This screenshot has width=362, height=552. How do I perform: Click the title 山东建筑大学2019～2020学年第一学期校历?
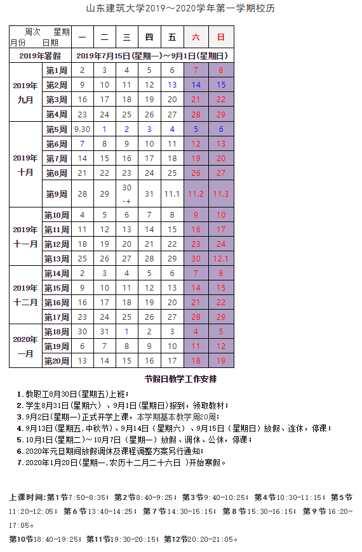180,9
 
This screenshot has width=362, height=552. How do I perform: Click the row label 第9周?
57,194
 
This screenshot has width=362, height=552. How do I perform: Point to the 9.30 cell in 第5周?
82,129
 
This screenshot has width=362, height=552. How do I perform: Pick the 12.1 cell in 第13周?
221,258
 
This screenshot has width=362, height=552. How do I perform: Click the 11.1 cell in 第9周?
172,194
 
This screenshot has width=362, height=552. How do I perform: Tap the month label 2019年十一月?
25,236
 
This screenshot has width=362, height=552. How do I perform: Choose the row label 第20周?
57,360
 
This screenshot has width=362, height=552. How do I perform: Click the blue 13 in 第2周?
172,85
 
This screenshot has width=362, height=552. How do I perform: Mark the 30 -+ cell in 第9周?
127,194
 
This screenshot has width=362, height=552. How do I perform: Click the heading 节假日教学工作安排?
180,379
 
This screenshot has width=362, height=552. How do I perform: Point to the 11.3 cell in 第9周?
221,194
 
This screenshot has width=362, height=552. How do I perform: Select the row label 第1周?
57,70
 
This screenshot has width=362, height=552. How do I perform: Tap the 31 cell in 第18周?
105,331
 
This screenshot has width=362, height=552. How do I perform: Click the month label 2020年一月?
25,346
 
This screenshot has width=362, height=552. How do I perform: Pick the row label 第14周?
57,273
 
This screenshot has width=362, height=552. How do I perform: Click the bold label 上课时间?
27,496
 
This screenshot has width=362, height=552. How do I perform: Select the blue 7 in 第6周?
82,144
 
